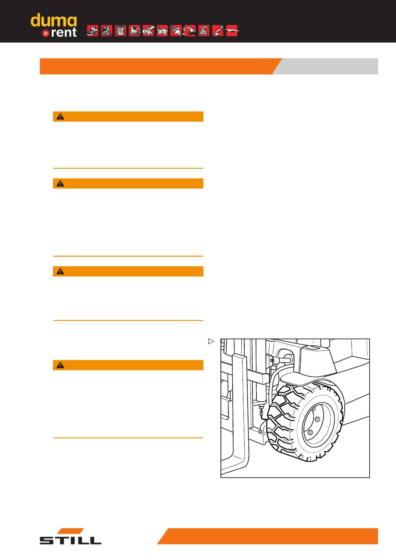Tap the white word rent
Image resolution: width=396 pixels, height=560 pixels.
(x=64, y=32)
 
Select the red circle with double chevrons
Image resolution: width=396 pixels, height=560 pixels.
(x=45, y=33)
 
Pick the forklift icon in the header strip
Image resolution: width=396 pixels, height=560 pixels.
(x=107, y=31)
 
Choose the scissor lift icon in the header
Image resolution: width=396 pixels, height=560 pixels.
(x=120, y=31)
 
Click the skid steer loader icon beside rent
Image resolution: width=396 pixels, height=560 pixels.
(x=93, y=31)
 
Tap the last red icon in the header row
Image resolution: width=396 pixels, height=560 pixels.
(x=232, y=31)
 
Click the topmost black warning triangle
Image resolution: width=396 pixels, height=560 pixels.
(x=60, y=117)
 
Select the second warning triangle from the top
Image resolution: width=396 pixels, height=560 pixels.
(x=60, y=183)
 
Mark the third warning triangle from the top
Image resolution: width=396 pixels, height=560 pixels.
(x=60, y=271)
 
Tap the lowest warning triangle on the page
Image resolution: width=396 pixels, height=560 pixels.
(x=60, y=365)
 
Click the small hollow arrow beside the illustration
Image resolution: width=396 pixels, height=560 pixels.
(x=211, y=341)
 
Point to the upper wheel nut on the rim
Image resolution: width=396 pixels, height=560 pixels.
(x=318, y=419)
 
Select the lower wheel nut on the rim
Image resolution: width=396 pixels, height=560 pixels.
(x=310, y=432)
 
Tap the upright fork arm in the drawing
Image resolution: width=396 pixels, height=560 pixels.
(x=241, y=410)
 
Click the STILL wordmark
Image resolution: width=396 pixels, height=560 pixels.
(x=70, y=540)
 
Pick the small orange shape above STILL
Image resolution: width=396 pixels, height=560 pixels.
(x=71, y=531)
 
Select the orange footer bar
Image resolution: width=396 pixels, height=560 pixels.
(x=268, y=536)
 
